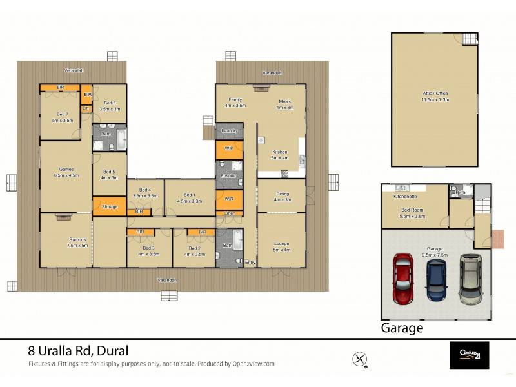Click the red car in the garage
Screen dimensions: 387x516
click(x=402, y=280)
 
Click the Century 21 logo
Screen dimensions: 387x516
click(x=469, y=355)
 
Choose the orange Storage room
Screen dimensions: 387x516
click(x=109, y=206)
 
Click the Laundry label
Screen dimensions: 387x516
click(x=229, y=131)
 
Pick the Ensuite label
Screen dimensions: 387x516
click(x=228, y=175)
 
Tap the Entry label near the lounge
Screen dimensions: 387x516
click(x=250, y=261)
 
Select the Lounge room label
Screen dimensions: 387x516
click(x=281, y=243)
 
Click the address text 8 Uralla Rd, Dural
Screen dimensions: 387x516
click(x=78, y=352)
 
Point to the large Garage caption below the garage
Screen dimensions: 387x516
click(x=402, y=327)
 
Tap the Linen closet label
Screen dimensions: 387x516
click(x=229, y=213)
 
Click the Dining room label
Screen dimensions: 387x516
click(x=283, y=193)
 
